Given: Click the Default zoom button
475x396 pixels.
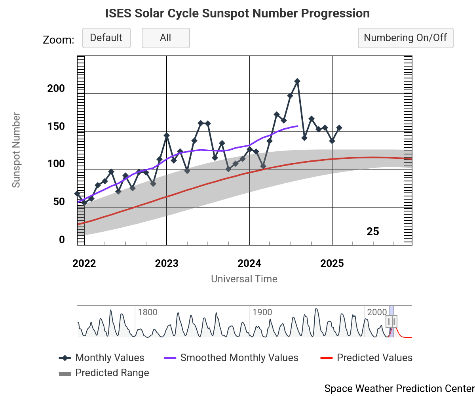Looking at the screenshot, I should (x=106, y=38).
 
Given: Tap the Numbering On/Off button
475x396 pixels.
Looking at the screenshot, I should (x=405, y=38).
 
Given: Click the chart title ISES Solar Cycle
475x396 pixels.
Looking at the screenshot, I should (x=237, y=13).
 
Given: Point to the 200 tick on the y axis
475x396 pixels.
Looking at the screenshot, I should (x=56, y=88).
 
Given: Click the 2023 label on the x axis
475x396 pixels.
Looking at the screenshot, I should (x=167, y=264).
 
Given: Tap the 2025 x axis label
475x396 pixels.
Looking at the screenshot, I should (x=332, y=264).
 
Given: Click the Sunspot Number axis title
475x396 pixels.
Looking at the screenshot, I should (x=16, y=150).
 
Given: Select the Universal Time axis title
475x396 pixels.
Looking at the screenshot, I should (x=244, y=279).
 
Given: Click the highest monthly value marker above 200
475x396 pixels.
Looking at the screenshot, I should (x=297, y=81).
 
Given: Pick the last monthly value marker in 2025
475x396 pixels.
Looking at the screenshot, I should (x=339, y=128).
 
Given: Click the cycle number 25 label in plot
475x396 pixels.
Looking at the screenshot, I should (x=372, y=232).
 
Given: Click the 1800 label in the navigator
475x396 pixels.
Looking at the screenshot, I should (x=147, y=312).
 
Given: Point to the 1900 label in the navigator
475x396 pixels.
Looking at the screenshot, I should (x=262, y=312).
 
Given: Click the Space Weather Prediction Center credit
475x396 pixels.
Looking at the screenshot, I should (x=399, y=388).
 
